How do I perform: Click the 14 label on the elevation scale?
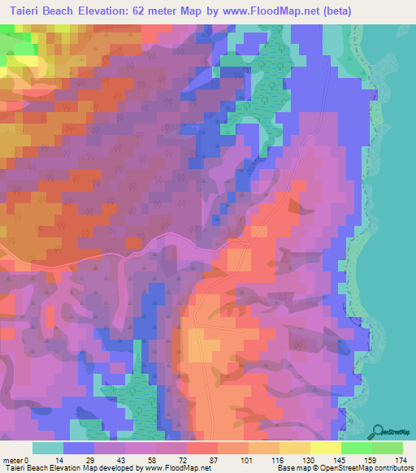[63, 460]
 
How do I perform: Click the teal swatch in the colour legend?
[48, 448]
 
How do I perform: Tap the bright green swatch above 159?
[356, 448]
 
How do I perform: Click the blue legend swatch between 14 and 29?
[79, 448]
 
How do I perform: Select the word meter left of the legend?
[12, 460]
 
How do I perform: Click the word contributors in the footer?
[391, 469]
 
